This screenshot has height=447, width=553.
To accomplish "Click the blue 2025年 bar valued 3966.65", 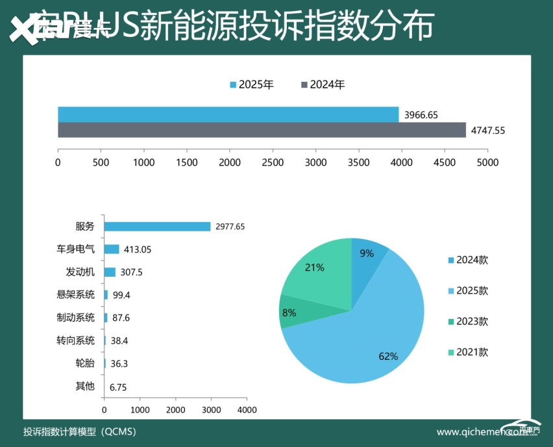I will point(228,114).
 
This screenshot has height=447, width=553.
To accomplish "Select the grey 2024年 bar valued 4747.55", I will point(262,130).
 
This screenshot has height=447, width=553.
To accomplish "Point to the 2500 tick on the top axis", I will point(273,162).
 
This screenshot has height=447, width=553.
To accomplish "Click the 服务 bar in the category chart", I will point(158,227).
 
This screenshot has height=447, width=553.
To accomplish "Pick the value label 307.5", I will point(132,272).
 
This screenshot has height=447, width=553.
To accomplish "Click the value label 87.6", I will point(121,318).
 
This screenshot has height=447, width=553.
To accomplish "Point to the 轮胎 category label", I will point(85,363).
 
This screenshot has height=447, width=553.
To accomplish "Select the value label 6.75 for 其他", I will point(118,387).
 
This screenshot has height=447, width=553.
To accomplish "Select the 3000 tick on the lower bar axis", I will point(211,410).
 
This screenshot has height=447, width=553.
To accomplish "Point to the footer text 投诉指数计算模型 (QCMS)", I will point(79,431).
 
